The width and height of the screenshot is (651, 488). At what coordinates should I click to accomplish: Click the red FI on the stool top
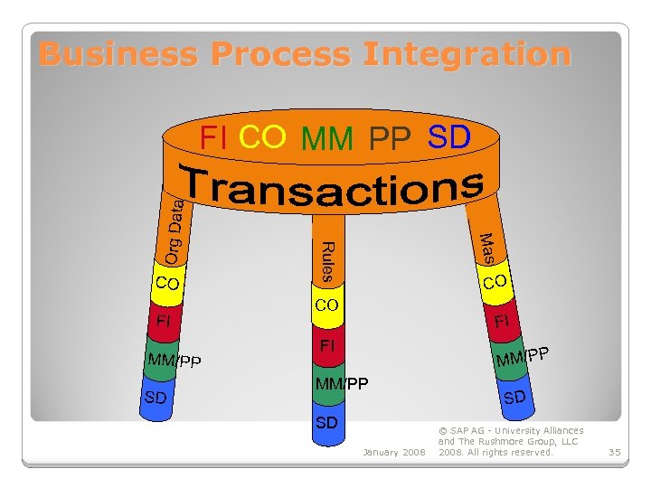[213, 138]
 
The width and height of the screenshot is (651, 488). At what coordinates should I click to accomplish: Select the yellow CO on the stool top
[263, 137]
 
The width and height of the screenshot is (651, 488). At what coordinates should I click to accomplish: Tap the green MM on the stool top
[327, 140]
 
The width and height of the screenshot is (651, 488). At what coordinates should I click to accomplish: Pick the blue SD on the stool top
[448, 137]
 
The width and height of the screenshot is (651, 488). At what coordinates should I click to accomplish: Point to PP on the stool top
[390, 139]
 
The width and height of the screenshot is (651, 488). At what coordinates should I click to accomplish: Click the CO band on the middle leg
[326, 305]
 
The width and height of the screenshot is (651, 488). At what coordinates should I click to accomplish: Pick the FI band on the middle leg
[326, 346]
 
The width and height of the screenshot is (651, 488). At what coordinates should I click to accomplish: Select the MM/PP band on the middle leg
[341, 384]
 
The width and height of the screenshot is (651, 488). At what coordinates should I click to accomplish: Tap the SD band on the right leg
[514, 397]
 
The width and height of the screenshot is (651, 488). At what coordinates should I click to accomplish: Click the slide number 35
[614, 451]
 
